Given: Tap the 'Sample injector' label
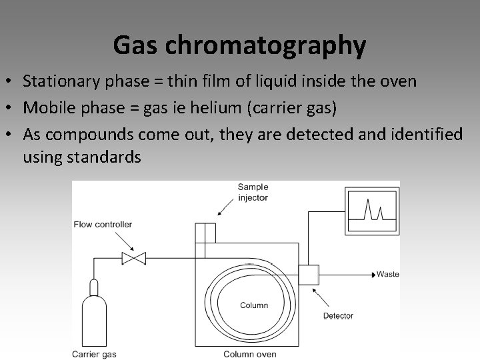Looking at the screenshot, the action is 253,192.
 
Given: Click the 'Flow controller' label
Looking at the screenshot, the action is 103,224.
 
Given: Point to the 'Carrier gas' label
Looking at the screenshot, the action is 94,354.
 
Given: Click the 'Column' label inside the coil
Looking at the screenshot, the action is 254,305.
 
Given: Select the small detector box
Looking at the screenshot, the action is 308,274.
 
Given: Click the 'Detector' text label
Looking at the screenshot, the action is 338,315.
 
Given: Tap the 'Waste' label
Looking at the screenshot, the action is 388,274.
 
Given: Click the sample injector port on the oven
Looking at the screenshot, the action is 205,234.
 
